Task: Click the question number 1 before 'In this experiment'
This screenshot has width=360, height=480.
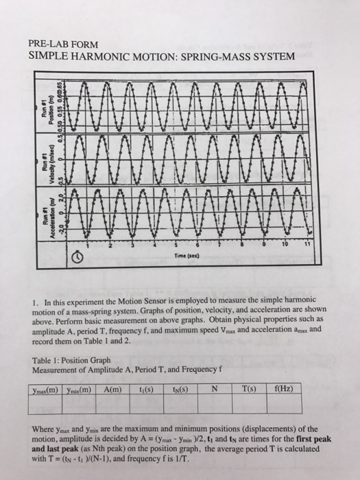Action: pyautogui.click(x=34, y=300)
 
